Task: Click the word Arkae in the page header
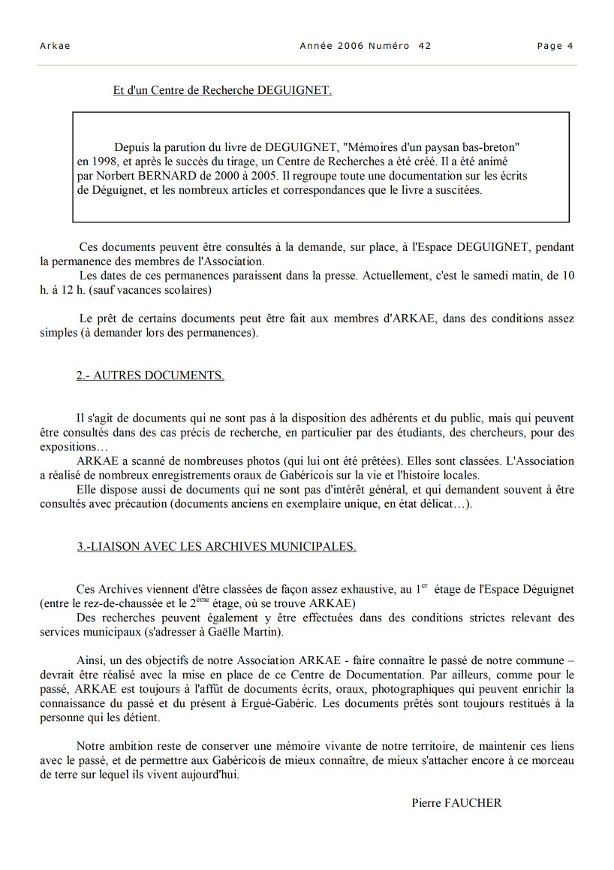[55, 46]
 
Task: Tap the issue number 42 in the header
[425, 46]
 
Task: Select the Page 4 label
[555, 46]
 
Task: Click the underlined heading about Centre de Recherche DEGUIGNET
[222, 91]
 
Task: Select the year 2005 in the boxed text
[260, 176]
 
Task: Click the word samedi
[489, 276]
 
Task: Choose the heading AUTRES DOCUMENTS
[150, 376]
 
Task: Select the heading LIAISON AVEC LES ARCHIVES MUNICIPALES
[216, 546]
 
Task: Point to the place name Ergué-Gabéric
[324, 703]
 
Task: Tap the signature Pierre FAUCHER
[456, 802]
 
